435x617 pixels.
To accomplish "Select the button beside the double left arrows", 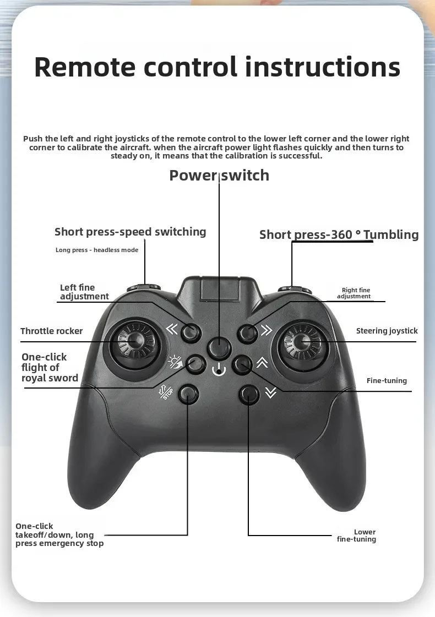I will pyautogui.click(x=191, y=331).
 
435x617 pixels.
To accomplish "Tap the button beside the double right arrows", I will pyautogui.click(x=247, y=332).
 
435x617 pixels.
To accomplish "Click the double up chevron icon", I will pyautogui.click(x=262, y=362).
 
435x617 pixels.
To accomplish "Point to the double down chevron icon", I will pyautogui.click(x=269, y=392).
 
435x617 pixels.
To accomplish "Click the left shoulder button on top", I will pyautogui.click(x=144, y=287).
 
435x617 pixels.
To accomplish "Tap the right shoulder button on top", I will pyautogui.click(x=292, y=288).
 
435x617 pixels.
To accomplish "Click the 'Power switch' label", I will pyautogui.click(x=219, y=175).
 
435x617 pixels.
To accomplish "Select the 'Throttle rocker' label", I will pyautogui.click(x=51, y=331).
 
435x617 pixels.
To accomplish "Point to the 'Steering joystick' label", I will pyautogui.click(x=387, y=331).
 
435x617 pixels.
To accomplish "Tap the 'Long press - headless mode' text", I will pyautogui.click(x=97, y=250).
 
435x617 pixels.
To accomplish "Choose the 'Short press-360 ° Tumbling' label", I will pyautogui.click(x=339, y=234).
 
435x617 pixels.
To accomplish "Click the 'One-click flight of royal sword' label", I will pyautogui.click(x=50, y=367).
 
